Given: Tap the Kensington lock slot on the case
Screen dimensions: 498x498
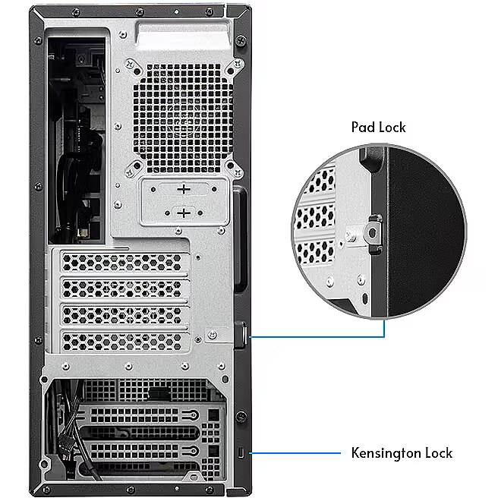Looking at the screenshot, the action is click(x=241, y=452).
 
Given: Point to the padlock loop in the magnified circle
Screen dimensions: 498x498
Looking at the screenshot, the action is click(x=373, y=233).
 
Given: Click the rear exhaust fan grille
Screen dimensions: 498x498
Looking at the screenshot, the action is click(x=182, y=118).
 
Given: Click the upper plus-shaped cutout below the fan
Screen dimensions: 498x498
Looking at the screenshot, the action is click(x=184, y=189).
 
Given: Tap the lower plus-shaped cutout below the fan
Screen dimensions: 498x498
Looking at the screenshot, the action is click(x=184, y=213).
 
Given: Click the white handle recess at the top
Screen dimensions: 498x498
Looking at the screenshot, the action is click(x=183, y=36).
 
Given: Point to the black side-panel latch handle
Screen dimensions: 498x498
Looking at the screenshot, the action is click(x=241, y=239).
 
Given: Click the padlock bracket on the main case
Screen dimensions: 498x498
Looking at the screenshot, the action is click(x=241, y=336).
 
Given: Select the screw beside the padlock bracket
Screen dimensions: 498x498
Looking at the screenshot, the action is click(x=212, y=335).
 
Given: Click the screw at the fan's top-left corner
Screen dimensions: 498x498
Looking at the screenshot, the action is click(x=131, y=65).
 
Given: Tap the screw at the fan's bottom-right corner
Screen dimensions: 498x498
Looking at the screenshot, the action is click(x=238, y=173).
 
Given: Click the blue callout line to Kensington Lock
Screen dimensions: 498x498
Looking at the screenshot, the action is click(x=295, y=453).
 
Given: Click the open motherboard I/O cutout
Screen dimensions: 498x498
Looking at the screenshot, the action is click(x=77, y=140).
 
